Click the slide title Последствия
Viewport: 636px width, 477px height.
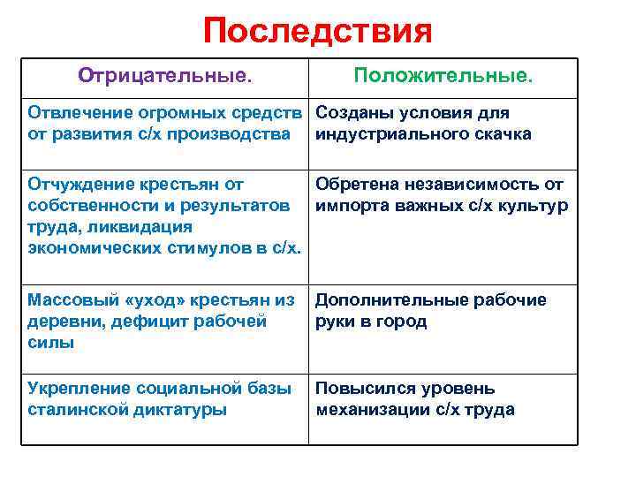click(317, 32)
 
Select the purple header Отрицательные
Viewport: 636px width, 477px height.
click(165, 76)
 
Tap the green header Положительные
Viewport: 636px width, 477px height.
click(443, 76)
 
